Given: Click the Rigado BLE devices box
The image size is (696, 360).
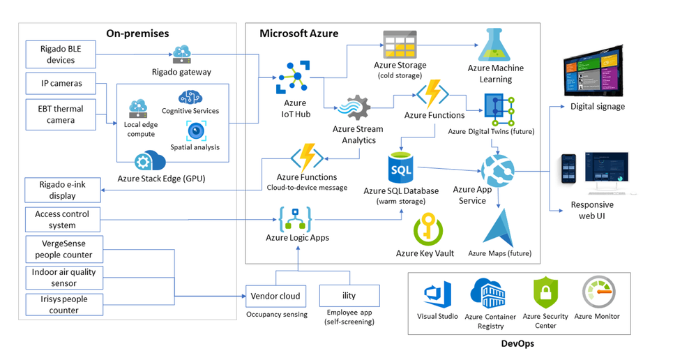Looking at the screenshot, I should pyautogui.click(x=61, y=54).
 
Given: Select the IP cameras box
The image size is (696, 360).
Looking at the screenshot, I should pyautogui.click(x=61, y=84).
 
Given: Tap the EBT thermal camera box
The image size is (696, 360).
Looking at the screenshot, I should pyautogui.click(x=61, y=114).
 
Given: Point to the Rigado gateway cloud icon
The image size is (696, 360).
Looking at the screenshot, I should pyautogui.click(x=181, y=54).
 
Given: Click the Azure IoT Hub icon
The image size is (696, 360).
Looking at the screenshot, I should pyautogui.click(x=292, y=77).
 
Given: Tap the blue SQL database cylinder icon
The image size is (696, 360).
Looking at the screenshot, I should pyautogui.click(x=400, y=170).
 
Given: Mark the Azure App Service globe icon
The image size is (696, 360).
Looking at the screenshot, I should pyautogui.click(x=497, y=170).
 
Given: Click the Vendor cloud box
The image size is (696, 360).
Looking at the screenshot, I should pyautogui.click(x=275, y=296).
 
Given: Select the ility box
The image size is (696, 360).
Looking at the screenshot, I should pyautogui.click(x=349, y=296).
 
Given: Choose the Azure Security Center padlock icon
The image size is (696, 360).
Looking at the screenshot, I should pyautogui.click(x=546, y=292).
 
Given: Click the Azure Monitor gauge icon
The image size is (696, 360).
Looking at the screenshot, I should pyautogui.click(x=597, y=293).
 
